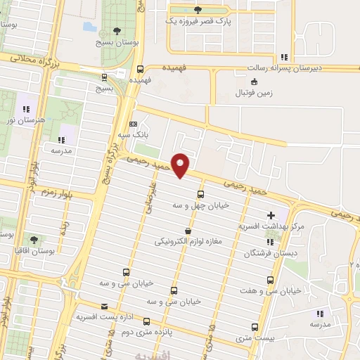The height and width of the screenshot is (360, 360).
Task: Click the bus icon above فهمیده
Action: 140,69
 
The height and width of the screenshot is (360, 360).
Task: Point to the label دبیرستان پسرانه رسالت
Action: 283,68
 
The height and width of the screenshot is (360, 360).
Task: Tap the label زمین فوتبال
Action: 254,92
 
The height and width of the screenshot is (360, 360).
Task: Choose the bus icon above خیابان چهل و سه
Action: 201,194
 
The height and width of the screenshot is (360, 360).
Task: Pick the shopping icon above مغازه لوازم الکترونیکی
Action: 187,231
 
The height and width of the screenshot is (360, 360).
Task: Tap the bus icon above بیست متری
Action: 255,326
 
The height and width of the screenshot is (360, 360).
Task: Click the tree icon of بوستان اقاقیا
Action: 34,240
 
